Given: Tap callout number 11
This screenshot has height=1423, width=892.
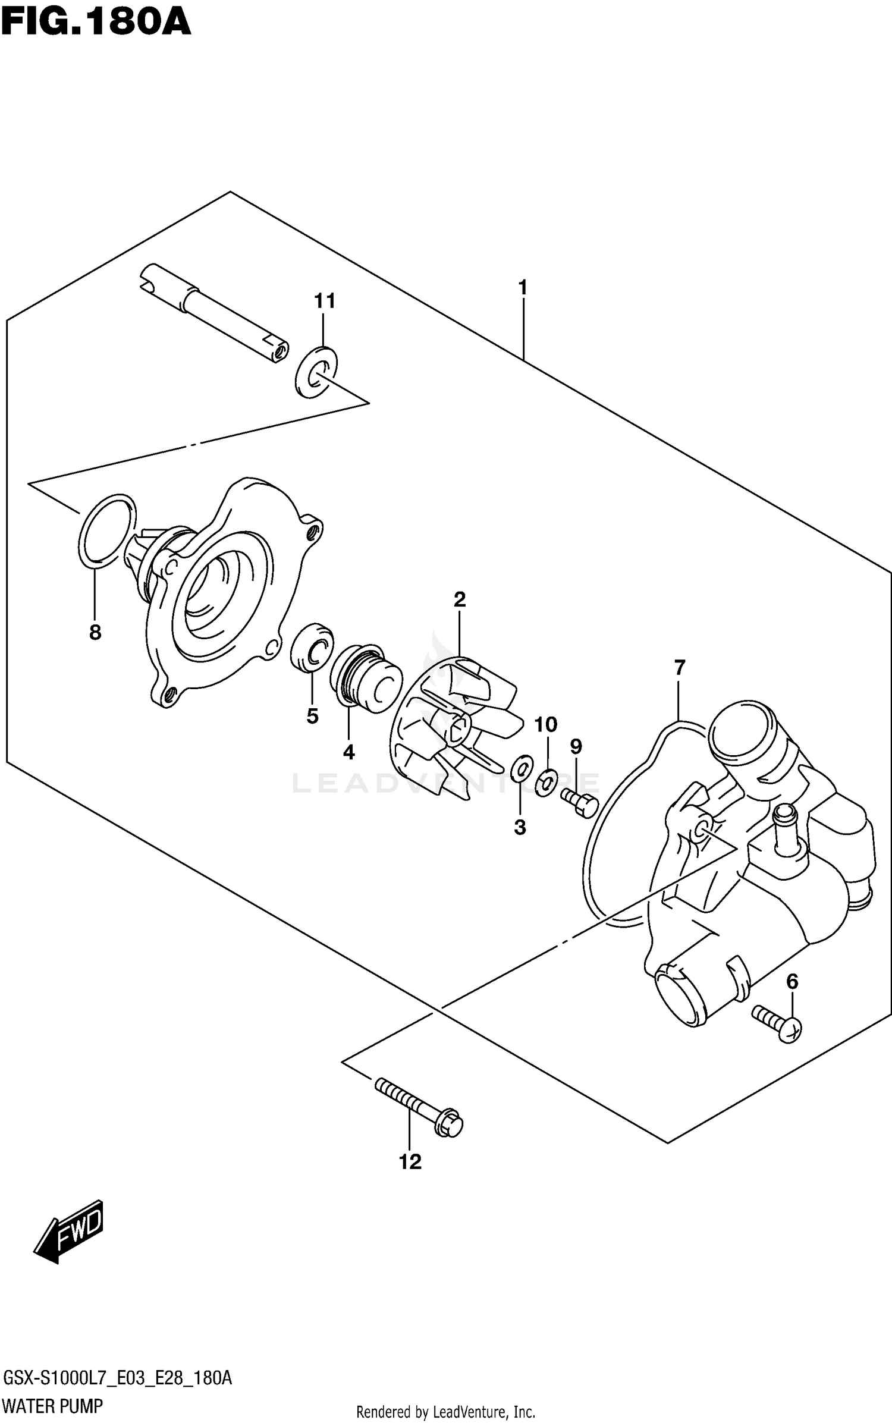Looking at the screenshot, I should click(325, 301).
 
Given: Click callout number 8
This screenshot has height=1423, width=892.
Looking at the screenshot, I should click(95, 633).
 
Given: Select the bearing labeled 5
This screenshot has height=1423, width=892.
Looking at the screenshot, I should click(312, 648).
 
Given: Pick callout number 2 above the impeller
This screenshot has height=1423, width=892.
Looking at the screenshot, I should click(459, 599).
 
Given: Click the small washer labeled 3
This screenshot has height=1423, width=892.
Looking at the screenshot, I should click(521, 769).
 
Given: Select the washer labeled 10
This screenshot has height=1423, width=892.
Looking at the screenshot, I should click(545, 783).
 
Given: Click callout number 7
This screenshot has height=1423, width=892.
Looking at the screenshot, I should click(680, 667).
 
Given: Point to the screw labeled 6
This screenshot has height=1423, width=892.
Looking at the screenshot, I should click(778, 1022).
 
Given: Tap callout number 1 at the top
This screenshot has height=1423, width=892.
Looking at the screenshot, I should click(522, 288).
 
